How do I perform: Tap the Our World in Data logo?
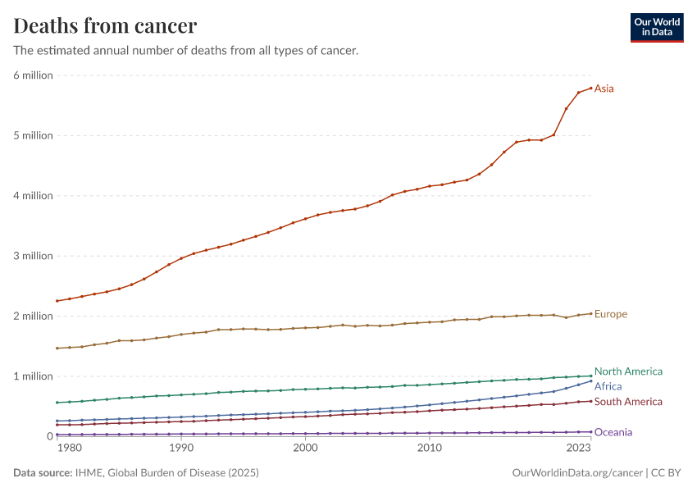pyautogui.click(x=656, y=27)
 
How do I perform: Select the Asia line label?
pyautogui.click(x=604, y=89)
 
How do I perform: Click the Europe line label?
pyautogui.click(x=611, y=314)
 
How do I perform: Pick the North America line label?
pyautogui.click(x=628, y=371)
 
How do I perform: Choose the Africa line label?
pyautogui.click(x=608, y=386)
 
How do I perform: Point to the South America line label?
pyautogui.click(x=628, y=402)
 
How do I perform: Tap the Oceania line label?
pyautogui.click(x=613, y=432)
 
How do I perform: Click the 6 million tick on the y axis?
pyautogui.click(x=33, y=75)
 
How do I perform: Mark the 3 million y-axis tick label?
pyautogui.click(x=33, y=256)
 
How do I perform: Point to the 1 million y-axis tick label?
pyautogui.click(x=33, y=376)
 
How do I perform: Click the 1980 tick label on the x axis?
pyautogui.click(x=70, y=449)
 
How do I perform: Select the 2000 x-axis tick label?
pyautogui.click(x=305, y=449)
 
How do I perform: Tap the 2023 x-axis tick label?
pyautogui.click(x=578, y=449)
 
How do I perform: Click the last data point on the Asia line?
pyautogui.click(x=590, y=88)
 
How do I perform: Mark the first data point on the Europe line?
pyautogui.click(x=57, y=348)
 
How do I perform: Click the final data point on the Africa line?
pyautogui.click(x=590, y=380)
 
